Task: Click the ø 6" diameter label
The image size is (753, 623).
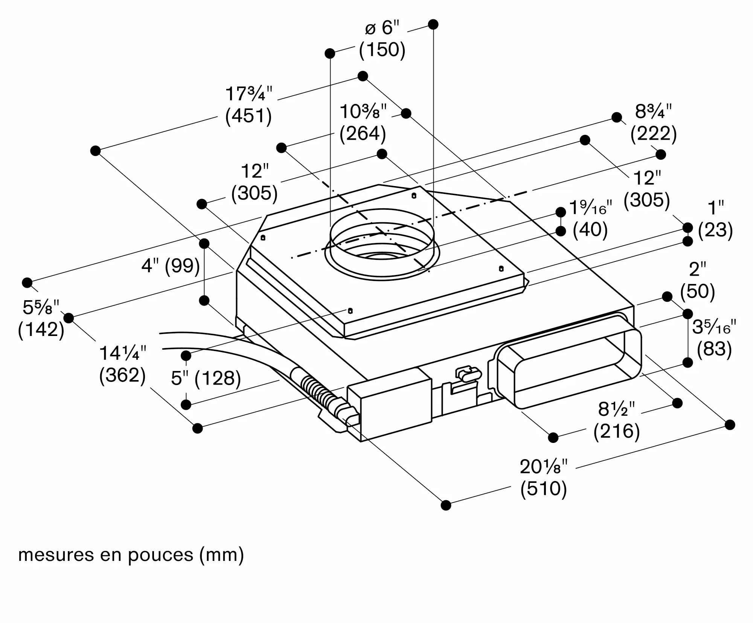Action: (x=382, y=28)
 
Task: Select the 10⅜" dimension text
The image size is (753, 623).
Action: (x=363, y=112)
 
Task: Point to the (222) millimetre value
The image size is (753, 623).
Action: (x=654, y=134)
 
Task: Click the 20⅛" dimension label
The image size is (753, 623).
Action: (x=543, y=467)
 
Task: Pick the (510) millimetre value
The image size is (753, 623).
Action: (x=544, y=489)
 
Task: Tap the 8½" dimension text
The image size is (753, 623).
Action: (x=616, y=409)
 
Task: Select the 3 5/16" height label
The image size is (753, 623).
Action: (x=714, y=328)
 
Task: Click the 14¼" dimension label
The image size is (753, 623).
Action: (x=122, y=354)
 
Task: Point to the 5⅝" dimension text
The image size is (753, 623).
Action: (x=41, y=308)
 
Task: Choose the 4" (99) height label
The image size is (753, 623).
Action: (x=170, y=266)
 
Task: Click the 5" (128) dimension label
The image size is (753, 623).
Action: (x=206, y=378)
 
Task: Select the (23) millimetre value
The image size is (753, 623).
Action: (x=715, y=230)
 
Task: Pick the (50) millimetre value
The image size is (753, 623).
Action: (x=697, y=292)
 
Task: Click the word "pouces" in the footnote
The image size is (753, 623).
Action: (x=160, y=555)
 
